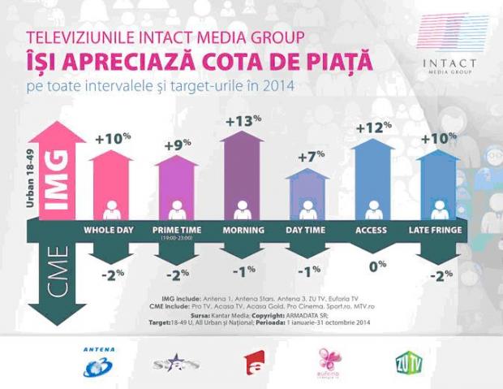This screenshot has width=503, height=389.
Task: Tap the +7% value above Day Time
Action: point(309,154)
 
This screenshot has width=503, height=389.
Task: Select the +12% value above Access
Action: point(373,129)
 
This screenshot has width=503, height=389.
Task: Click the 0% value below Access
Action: point(374,264)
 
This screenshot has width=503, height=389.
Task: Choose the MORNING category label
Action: point(243,231)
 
